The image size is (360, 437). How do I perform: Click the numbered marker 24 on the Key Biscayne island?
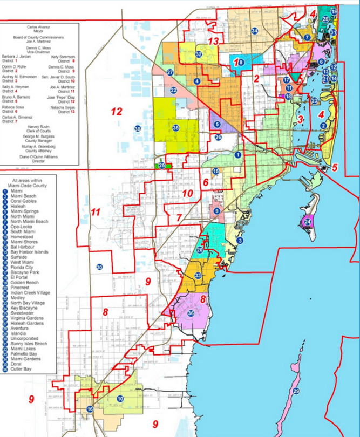click(308, 222)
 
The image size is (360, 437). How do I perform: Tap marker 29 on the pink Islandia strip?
click(296, 391)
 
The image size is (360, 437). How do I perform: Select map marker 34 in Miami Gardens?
click(254, 31)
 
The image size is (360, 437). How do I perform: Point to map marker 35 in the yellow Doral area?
click(176, 128)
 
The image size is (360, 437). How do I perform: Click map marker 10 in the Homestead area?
click(120, 398)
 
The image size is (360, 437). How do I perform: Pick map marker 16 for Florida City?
click(90, 409)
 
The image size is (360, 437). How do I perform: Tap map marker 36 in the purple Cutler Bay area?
click(190, 313)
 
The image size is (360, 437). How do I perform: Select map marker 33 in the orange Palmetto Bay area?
click(198, 276)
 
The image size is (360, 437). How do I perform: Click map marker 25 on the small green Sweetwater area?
click(161, 166)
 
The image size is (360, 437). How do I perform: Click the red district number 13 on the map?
click(214, 42)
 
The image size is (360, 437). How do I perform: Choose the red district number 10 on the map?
click(187, 193)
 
